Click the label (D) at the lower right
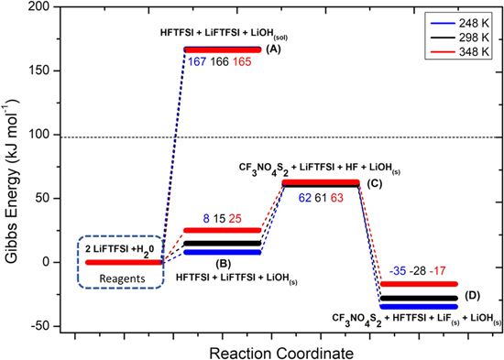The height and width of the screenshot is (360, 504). pos(473,296)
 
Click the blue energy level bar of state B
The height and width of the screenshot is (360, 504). pos(223,252)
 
